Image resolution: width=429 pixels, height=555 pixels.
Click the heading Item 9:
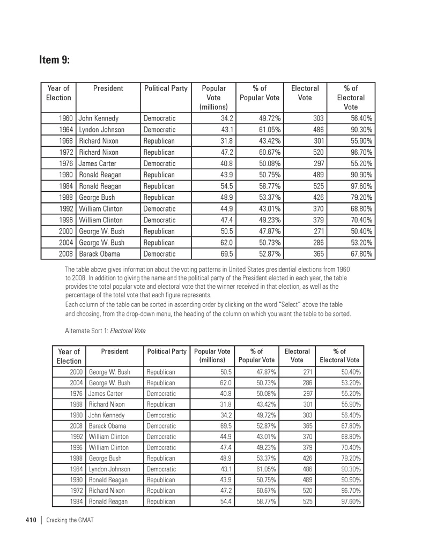coord(54,59)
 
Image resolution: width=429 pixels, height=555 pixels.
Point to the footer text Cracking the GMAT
coord(70,520)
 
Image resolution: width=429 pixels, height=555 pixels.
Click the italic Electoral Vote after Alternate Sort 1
coord(128,331)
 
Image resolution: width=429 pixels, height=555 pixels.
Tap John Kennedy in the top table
coord(99,118)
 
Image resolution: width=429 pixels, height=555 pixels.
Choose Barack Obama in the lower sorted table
coord(108,426)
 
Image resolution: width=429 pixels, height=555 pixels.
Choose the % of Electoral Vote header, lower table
coord(339,355)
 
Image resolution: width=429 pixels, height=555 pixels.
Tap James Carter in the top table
coord(98,163)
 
